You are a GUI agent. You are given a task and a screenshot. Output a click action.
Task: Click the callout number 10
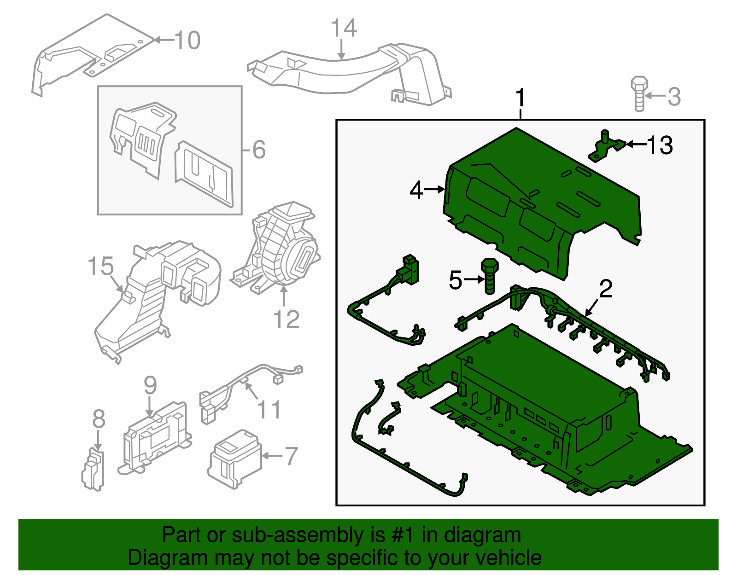[187, 41]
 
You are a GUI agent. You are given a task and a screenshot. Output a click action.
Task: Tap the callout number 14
[344, 29]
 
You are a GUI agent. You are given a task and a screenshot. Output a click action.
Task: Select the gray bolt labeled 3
[639, 94]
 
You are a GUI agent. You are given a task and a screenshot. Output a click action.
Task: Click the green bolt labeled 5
[490, 275]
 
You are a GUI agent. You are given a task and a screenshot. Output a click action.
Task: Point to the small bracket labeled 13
[606, 146]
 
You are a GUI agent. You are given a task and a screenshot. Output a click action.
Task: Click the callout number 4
[416, 190]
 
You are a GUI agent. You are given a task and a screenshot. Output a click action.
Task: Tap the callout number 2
[606, 289]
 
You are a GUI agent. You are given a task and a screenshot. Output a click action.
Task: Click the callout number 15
[100, 267]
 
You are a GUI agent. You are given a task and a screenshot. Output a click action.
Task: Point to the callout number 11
[269, 409]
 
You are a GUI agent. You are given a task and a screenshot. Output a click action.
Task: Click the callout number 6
[259, 150]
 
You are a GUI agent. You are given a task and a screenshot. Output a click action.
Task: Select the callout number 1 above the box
[520, 98]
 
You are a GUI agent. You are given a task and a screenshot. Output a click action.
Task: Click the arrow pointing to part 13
[636, 145]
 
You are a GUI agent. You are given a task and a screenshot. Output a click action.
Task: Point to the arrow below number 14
[341, 50]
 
